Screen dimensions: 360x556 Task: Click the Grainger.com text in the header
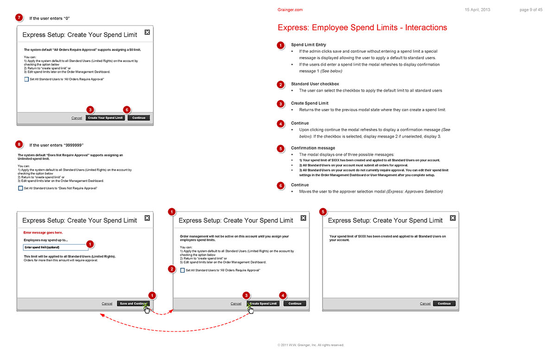click(290, 10)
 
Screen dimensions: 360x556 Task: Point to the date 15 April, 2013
click(477, 10)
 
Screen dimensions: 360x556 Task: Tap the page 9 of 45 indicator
click(531, 10)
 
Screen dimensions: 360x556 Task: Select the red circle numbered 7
click(19, 18)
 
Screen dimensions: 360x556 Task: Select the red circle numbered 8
click(19, 145)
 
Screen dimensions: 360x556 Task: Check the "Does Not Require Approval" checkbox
click(20, 188)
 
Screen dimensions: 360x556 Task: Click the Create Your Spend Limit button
click(105, 118)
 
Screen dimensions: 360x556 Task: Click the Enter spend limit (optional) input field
click(55, 247)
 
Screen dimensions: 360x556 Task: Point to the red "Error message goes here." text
click(43, 232)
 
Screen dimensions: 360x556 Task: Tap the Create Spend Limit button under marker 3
click(263, 303)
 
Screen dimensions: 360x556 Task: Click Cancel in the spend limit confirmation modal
click(425, 303)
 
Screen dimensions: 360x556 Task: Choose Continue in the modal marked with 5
click(444, 303)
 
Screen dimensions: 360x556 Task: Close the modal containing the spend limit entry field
click(147, 218)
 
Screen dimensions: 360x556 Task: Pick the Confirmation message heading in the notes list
click(313, 148)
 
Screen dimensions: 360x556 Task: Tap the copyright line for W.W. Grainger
click(311, 345)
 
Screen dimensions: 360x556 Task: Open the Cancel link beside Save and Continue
click(107, 303)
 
